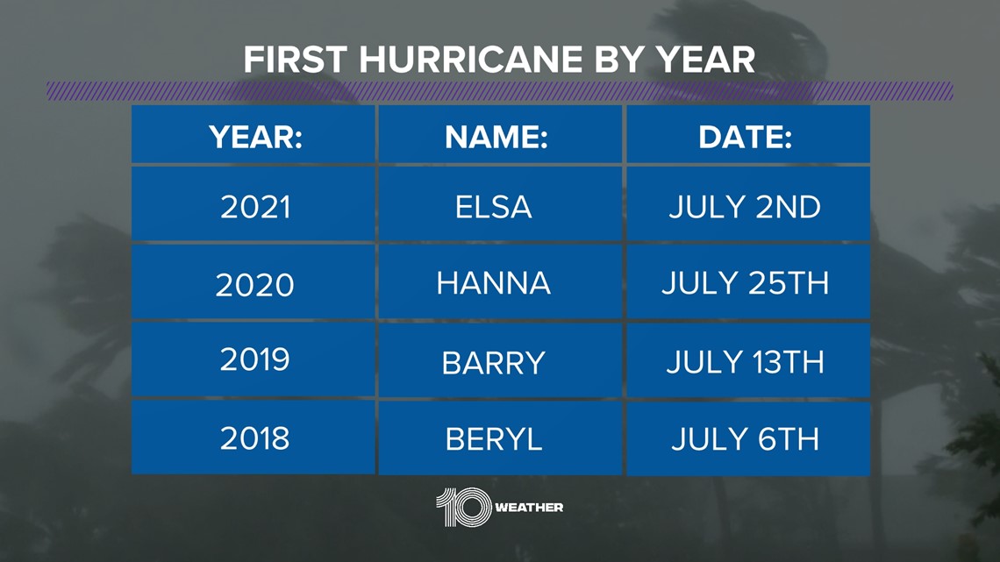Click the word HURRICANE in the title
point(471,60)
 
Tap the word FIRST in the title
point(295,60)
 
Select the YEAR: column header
point(254,134)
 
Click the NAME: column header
point(500,134)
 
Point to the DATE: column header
point(748,134)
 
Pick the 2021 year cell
point(254,204)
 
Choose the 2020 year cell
point(254,281)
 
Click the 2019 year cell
point(254,360)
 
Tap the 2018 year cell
point(254,438)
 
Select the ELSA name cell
point(500,204)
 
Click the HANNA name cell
point(500,281)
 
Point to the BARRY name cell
point(500,360)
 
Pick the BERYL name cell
point(500,438)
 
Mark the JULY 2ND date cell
point(748,204)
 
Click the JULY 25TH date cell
point(748,281)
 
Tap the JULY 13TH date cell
point(748,360)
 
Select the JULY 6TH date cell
point(748,438)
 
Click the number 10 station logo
point(464,507)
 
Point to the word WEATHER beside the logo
point(529,508)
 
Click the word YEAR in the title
point(705,60)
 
